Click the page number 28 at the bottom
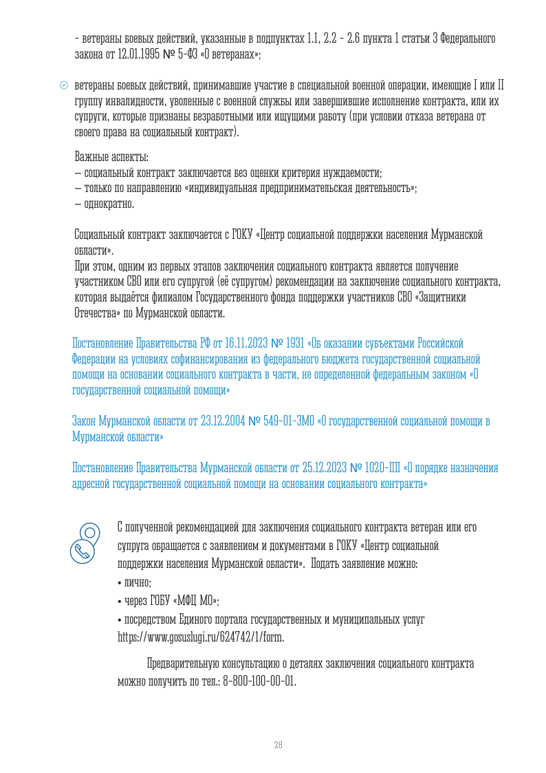coord(278,745)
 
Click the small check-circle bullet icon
coord(64,86)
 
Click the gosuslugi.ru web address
coord(201,637)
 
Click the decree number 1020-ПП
coord(373,469)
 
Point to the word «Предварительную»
coord(181,665)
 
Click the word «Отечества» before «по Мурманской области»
coord(94,313)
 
